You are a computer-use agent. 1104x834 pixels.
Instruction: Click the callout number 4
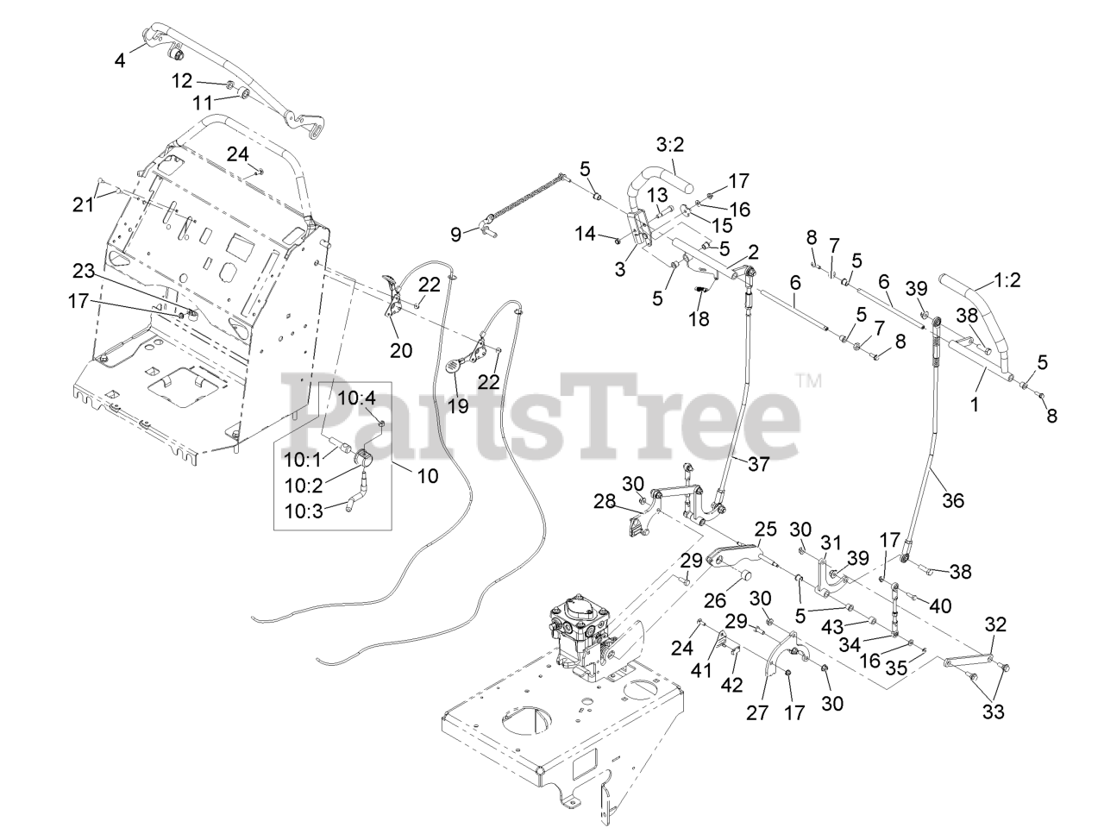120,60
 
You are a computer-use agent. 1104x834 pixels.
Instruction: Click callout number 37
758,464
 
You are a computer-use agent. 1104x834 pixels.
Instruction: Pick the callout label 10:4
356,398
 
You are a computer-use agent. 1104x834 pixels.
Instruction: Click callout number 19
458,404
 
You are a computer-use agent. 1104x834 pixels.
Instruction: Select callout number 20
401,350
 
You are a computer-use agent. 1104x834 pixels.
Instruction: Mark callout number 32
995,624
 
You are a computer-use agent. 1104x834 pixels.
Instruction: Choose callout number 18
699,318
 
